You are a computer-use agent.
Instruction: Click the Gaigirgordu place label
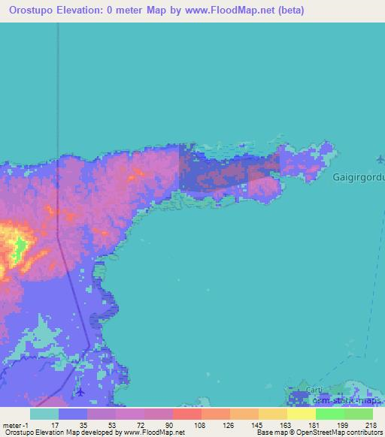357,177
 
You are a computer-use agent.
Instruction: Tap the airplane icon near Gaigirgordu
379,159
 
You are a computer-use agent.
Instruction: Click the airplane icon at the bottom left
80,391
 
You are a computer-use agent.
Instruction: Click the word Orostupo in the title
28,10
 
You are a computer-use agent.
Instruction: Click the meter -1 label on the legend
14,424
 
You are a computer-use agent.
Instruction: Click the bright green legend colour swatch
329,414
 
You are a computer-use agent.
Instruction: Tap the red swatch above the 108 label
186,414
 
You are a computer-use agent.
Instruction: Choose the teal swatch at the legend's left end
44,414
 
